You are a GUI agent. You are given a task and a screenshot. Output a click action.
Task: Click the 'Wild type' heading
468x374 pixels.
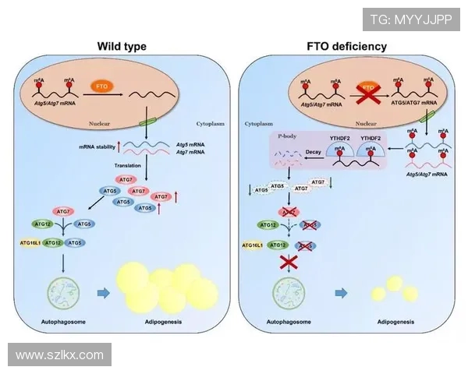(x=121, y=47)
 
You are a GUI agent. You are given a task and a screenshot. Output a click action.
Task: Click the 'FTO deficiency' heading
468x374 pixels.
(x=346, y=47)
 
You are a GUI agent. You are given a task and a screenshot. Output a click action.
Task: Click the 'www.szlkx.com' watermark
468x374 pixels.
(x=59, y=355)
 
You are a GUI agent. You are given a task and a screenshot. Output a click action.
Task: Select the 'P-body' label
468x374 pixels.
(x=287, y=136)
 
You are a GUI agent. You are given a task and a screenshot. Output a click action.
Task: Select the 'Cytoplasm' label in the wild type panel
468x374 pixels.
(x=211, y=123)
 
